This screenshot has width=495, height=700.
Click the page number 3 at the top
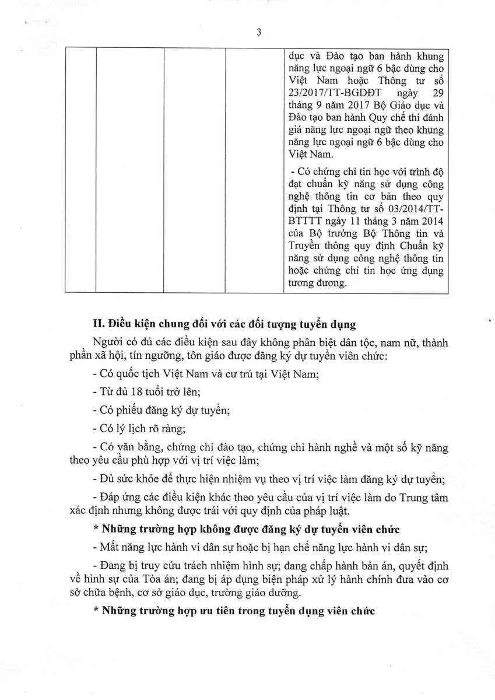pos(258,33)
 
